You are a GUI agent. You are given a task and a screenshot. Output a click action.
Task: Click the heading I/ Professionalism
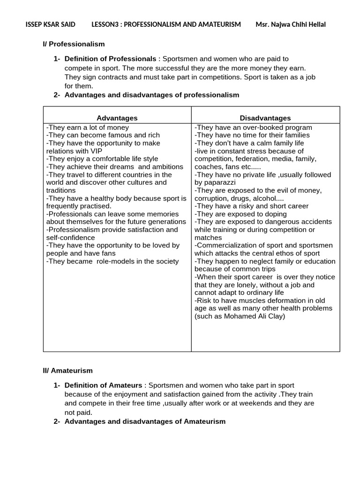coord(74,44)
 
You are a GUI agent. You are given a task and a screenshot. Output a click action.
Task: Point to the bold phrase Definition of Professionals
coord(110,59)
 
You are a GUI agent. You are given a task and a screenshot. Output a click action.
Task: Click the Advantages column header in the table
coord(117,118)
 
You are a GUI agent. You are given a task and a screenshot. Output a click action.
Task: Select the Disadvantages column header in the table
coord(265,118)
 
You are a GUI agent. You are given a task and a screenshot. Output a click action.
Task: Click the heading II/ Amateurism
coord(68,370)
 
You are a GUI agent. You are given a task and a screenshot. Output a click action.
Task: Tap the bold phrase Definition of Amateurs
coord(104,385)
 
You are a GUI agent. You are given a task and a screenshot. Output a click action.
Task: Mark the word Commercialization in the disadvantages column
coord(227,245)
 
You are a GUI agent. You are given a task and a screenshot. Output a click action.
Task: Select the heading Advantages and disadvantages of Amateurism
coord(144,421)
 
